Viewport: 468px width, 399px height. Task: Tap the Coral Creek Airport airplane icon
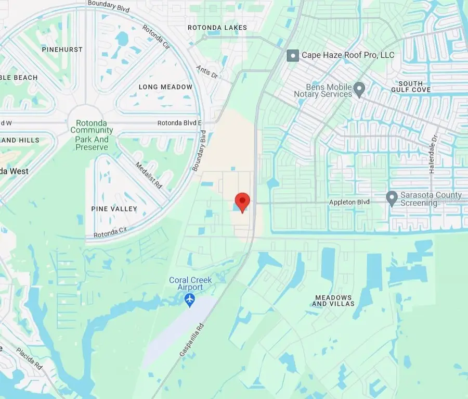(190, 300)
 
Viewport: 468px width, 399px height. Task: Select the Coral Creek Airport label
(190, 284)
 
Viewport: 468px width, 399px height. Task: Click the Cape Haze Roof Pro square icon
(293, 55)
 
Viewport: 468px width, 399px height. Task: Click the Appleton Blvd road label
(349, 203)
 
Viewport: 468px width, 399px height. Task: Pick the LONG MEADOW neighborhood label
(166, 87)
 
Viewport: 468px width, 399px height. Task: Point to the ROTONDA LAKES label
(218, 27)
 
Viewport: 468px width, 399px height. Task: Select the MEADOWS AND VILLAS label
(333, 301)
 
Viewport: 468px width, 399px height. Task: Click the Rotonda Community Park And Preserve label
(92, 135)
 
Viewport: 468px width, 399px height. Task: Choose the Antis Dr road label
(207, 72)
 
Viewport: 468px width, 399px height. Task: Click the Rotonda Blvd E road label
(180, 123)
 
